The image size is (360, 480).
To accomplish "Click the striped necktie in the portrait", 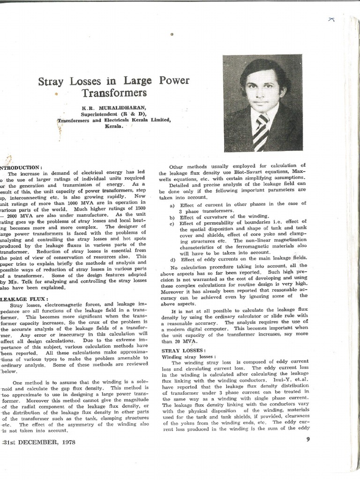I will pos(261,134).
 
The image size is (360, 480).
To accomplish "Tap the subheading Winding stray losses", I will pos(185,356).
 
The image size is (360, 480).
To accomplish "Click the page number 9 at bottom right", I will pos(308,439).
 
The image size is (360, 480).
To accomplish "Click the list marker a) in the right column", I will pos(172,203).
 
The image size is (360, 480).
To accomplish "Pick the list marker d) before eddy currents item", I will pos(172,259).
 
